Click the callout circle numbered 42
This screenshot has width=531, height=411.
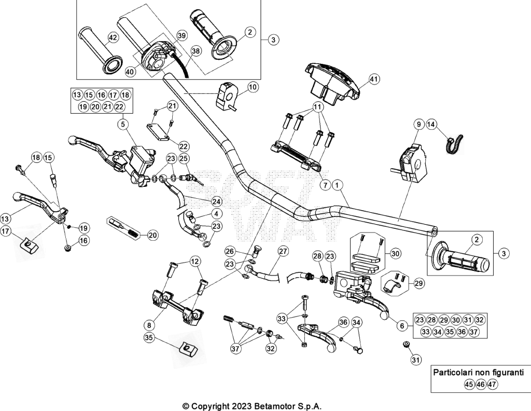[113, 37]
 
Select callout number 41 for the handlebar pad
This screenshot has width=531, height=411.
[373, 79]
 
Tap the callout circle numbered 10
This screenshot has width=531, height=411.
[253, 87]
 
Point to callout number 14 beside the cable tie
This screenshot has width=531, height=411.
[431, 125]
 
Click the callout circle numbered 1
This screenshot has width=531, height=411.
[337, 185]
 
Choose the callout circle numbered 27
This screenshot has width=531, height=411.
[283, 251]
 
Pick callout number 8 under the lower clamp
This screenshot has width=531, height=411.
[149, 325]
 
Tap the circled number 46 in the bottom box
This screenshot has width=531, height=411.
[481, 385]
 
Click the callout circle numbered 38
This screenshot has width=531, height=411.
[195, 51]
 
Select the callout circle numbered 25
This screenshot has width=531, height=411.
[184, 158]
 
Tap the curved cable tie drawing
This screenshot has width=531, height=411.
[454, 145]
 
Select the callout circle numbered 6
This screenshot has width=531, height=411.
[402, 325]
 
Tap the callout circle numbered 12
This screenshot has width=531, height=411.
[195, 261]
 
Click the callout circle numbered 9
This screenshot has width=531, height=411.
[418, 125]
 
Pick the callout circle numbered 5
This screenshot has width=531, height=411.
[123, 125]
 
